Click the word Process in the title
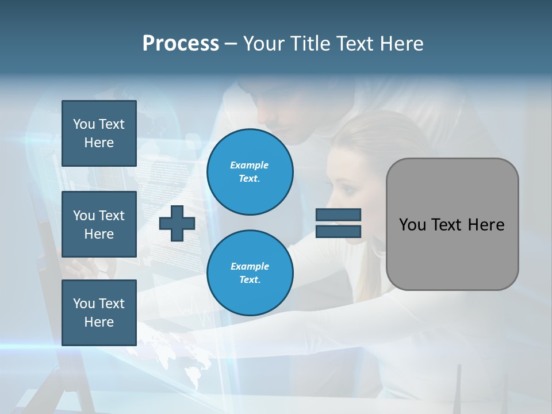click(x=181, y=44)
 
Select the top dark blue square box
click(x=99, y=133)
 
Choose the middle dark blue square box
click(x=99, y=224)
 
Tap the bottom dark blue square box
click(x=99, y=313)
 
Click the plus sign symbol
click(x=177, y=223)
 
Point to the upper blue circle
click(x=250, y=172)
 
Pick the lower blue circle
click(x=250, y=273)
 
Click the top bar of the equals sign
click(x=338, y=215)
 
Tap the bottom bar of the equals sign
click(x=338, y=231)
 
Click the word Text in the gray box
click(x=447, y=225)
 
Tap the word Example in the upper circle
click(x=249, y=165)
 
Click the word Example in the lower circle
click(x=250, y=266)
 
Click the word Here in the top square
click(x=99, y=143)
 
